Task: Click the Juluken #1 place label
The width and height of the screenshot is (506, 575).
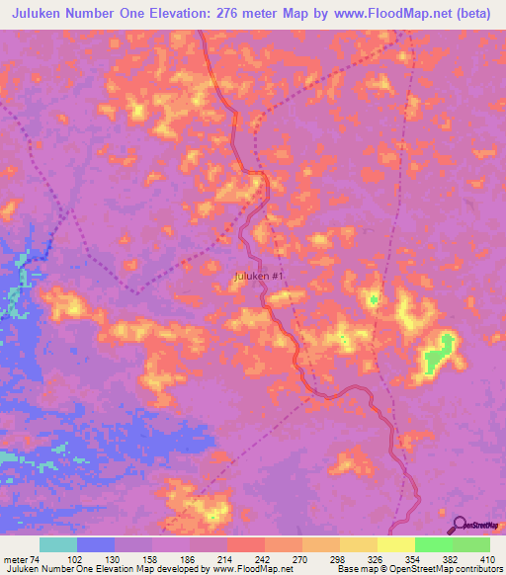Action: (260, 277)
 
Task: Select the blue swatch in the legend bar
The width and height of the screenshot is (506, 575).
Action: (96, 544)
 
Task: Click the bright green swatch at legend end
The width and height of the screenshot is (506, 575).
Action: (471, 544)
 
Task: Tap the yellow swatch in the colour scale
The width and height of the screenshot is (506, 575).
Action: (396, 544)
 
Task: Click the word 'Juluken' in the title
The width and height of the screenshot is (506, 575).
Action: (43, 15)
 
